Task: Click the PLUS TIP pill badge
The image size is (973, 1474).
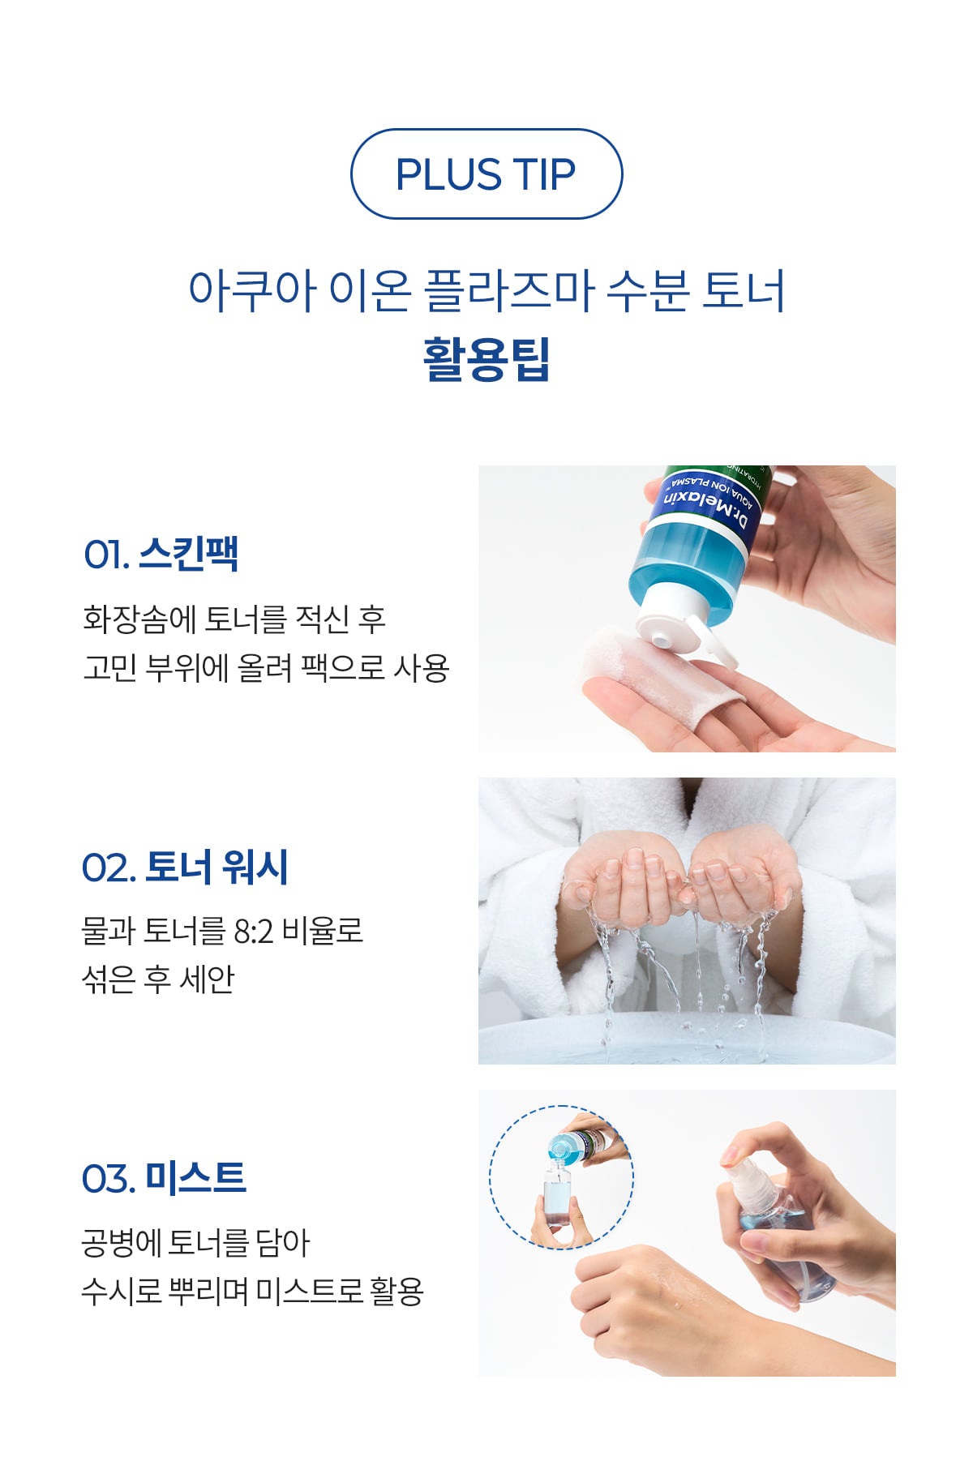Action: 486,174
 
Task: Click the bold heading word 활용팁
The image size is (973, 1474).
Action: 486,359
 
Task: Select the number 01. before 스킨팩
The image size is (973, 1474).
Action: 106,555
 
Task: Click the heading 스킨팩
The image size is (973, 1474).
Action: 188,555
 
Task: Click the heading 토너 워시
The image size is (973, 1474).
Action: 216,867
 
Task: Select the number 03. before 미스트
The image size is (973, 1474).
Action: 108,1179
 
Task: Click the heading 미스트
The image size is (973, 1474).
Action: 195,1178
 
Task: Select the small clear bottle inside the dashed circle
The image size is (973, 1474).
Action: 558,1198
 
